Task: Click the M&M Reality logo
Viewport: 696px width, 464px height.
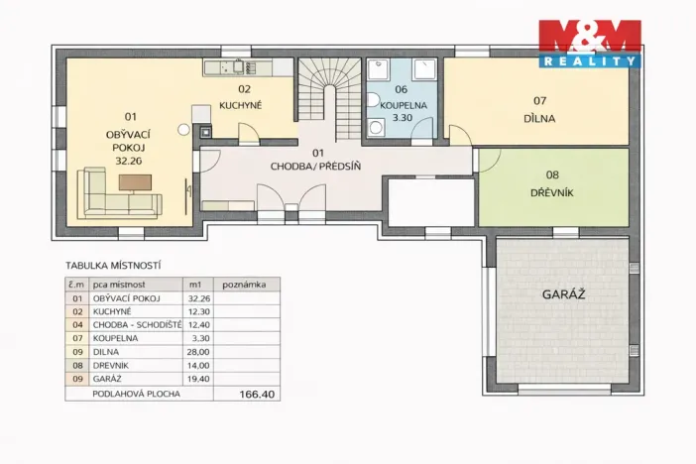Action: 590,44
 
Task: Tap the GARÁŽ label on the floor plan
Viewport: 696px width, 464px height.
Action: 563,294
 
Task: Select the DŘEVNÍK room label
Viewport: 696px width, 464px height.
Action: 552,192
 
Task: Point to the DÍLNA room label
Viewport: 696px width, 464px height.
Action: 539,119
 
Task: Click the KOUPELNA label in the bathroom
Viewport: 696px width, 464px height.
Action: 404,105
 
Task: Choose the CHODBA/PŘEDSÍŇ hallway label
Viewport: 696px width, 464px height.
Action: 315,167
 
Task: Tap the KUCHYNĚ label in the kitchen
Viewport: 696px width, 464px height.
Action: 241,105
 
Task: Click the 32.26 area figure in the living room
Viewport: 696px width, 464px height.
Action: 129,161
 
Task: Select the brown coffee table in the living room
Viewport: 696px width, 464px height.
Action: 135,182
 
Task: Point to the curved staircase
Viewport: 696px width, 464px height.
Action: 329,99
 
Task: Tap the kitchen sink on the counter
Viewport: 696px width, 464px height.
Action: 239,66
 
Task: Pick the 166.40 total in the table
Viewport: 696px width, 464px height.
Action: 257,394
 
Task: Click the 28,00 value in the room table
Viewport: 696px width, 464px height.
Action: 198,352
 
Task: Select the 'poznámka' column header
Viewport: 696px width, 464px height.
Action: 244,285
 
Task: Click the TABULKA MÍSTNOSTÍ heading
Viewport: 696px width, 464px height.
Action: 113,266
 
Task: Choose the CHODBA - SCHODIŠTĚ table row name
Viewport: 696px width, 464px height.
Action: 137,325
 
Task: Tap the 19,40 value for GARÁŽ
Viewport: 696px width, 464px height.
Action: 198,379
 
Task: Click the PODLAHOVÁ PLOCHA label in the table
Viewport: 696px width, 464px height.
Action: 136,394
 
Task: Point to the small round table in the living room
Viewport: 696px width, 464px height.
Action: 183,130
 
